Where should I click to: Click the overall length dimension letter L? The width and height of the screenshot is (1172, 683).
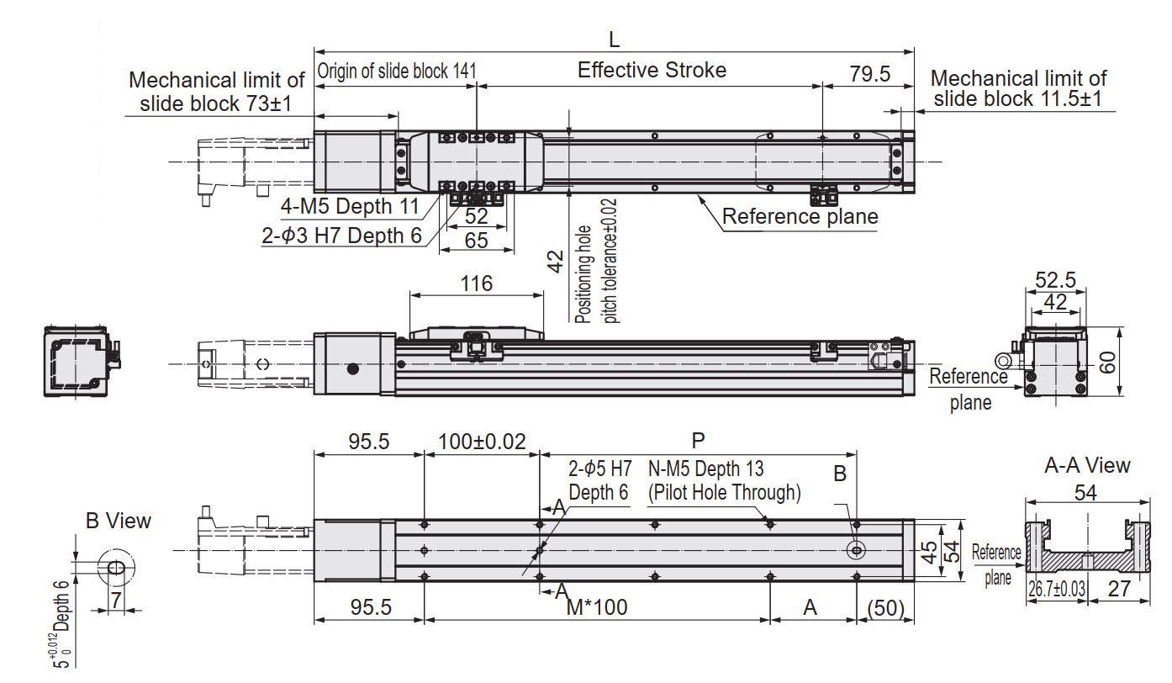(615, 39)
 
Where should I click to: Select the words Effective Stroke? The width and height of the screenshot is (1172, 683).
(652, 70)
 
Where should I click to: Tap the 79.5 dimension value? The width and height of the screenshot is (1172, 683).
(869, 74)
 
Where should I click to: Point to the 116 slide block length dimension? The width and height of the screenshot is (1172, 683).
(476, 283)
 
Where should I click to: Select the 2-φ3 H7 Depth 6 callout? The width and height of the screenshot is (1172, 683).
(341, 236)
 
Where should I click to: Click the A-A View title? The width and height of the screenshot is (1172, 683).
(1087, 465)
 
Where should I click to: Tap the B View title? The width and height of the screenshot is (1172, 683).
(119, 521)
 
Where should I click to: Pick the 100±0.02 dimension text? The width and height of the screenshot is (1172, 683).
(481, 442)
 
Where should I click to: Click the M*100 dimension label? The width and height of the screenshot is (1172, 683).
(596, 607)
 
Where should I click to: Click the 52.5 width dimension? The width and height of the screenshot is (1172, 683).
(1054, 279)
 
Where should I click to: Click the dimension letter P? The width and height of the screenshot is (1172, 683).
(697, 440)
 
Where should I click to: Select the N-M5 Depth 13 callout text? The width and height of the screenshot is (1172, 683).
(706, 469)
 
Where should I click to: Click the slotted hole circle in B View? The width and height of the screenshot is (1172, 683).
(114, 568)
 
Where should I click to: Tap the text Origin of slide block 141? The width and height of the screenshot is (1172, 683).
(396, 71)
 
